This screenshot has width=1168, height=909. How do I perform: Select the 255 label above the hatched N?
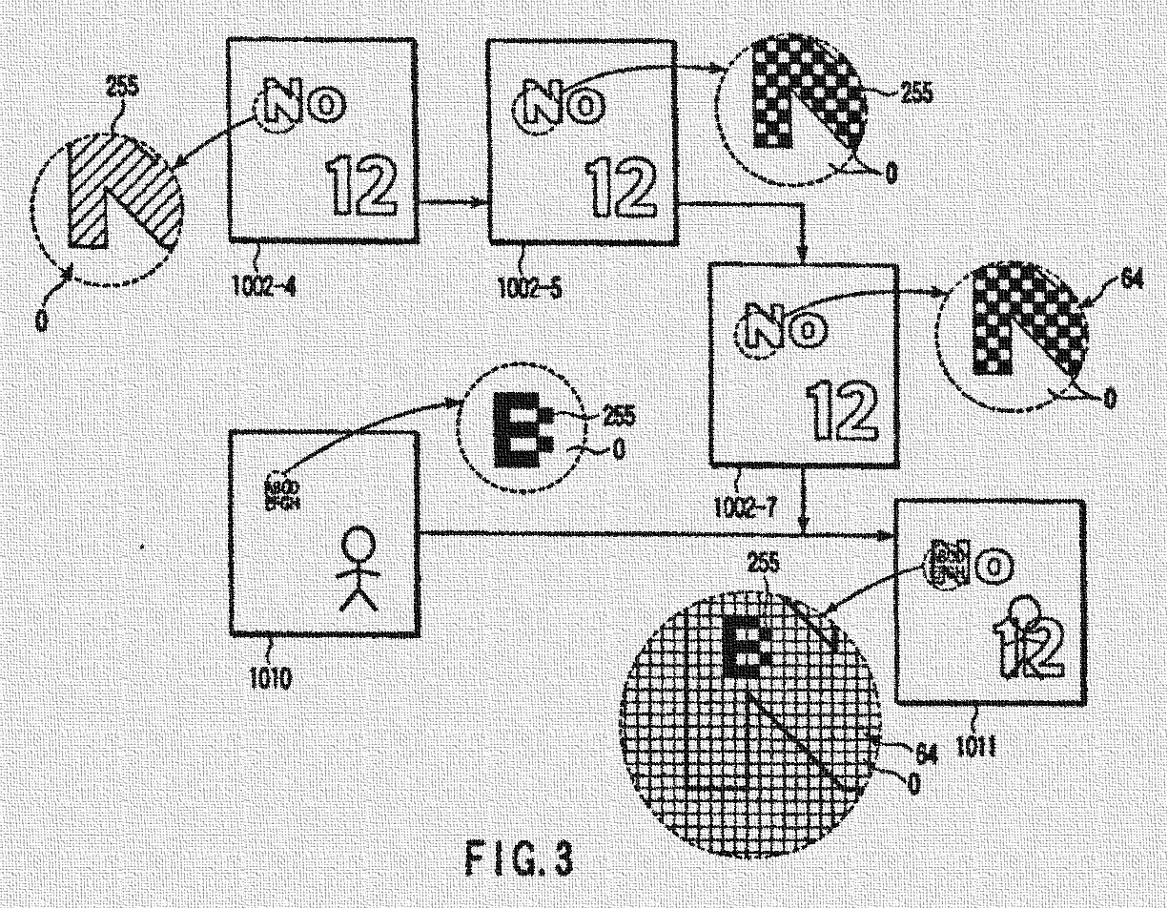[x=123, y=89]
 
